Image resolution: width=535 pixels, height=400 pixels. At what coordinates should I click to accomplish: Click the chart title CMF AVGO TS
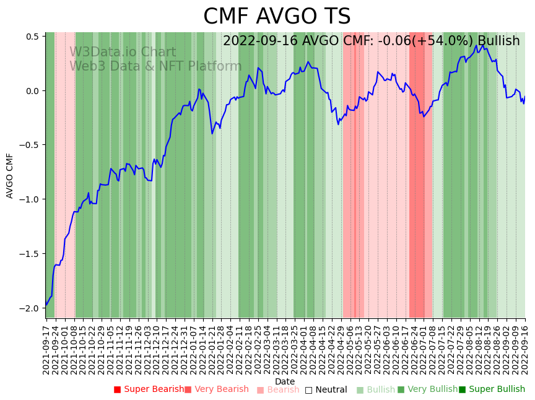pyautogui.click(x=277, y=17)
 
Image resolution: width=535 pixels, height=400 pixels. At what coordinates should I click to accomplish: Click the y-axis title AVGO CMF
pyautogui.click(x=10, y=176)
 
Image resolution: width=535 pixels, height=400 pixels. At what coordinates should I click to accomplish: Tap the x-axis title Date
pyautogui.click(x=285, y=381)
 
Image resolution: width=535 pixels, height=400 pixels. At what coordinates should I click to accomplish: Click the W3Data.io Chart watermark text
pyautogui.click(x=123, y=52)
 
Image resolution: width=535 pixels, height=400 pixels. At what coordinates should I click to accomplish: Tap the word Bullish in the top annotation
pyautogui.click(x=498, y=41)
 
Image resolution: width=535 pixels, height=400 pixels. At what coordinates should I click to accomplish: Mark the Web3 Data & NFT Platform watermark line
pyautogui.click(x=155, y=66)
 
